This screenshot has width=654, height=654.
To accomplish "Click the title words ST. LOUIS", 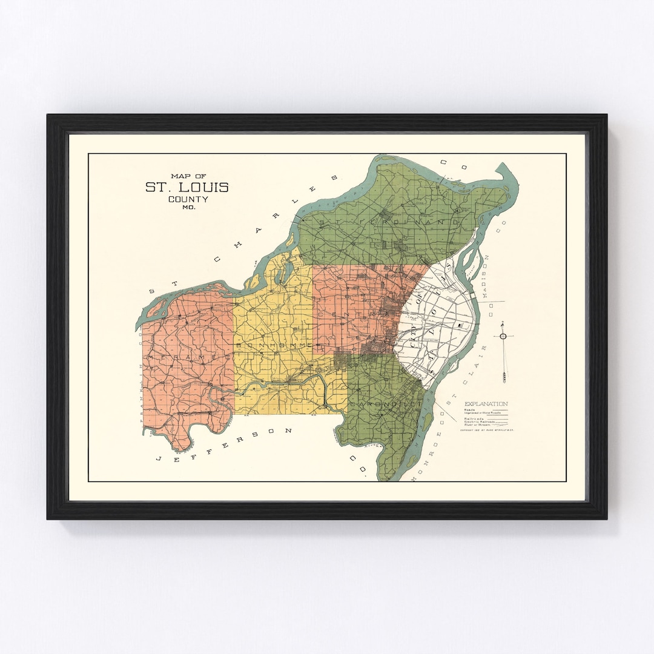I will (x=187, y=187).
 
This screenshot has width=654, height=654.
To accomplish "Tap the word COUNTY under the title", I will (x=188, y=199).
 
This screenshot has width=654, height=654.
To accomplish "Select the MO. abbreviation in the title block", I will (x=188, y=208).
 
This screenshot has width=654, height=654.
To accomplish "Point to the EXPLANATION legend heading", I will (x=486, y=404).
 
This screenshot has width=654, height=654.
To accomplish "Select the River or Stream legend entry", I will (x=479, y=425).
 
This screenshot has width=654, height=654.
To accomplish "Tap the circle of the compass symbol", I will (x=503, y=336).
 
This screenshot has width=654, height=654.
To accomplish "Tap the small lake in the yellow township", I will (x=280, y=272).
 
